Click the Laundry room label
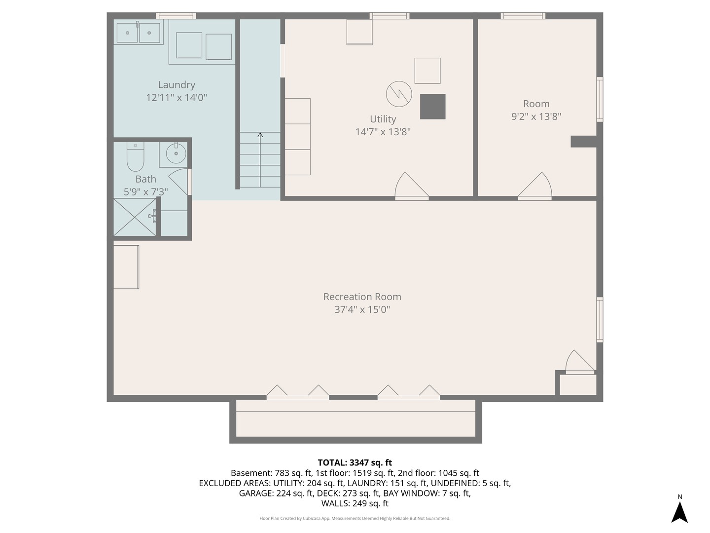point(177,85)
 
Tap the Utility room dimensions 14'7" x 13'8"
point(383,132)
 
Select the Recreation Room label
point(362,297)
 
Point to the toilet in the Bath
point(135,157)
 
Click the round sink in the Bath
point(176,153)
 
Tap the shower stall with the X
point(135,217)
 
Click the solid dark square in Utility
point(433,107)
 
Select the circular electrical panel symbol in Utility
point(399,94)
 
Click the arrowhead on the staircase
point(260,135)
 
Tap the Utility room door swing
point(411,185)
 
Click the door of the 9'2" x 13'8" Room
point(535,185)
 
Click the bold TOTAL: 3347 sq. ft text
point(355,462)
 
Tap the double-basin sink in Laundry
point(138,33)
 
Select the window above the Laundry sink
point(176,15)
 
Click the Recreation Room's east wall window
point(600,319)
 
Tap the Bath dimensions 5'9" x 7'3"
point(146,192)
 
